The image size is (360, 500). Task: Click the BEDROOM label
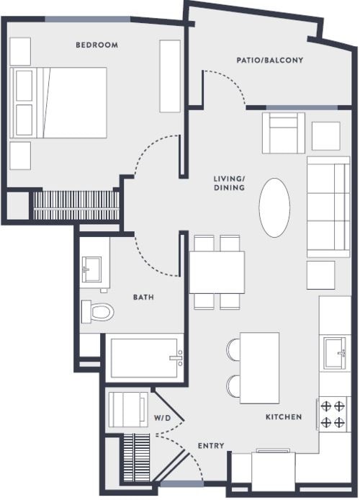pos(96,45)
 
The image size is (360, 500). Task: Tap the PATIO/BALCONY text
pos(270,61)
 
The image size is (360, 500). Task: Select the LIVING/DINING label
pos(230,183)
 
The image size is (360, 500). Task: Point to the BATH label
pos(143,297)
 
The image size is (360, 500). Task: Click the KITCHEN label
pos(284,417)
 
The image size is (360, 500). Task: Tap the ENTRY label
pos(210,446)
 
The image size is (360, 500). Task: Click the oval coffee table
pos(274,207)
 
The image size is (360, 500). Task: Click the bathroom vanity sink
pos(94,271)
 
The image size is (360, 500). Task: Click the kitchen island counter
pos(259,367)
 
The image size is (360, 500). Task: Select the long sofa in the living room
pos(328,207)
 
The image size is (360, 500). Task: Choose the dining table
pos(217,271)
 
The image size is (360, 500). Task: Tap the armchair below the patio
pos(283,133)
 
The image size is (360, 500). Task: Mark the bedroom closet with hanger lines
pos(76,204)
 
